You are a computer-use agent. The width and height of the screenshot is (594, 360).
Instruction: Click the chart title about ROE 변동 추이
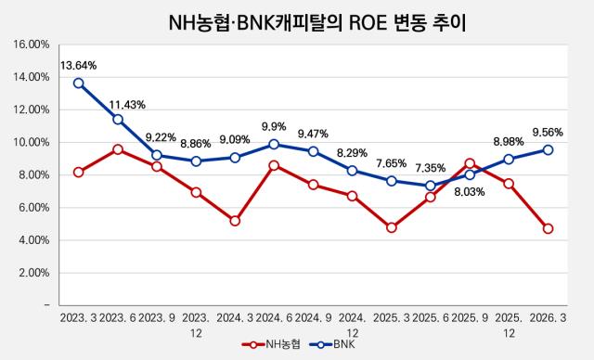(316, 23)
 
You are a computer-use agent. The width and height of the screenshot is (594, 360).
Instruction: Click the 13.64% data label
(78, 66)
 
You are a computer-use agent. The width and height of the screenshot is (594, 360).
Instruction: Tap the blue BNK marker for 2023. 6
(118, 120)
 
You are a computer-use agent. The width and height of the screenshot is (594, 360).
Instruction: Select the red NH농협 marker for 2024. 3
(235, 221)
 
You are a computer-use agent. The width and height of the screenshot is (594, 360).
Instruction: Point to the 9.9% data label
(274, 126)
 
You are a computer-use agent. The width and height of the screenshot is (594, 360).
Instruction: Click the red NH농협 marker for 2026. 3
(548, 228)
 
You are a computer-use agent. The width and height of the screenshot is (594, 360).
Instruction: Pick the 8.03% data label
(470, 192)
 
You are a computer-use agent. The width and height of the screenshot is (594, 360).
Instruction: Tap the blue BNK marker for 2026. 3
(548, 150)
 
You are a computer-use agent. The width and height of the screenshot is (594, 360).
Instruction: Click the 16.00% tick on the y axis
(32, 45)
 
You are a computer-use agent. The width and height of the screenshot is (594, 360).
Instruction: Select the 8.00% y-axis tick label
(33, 175)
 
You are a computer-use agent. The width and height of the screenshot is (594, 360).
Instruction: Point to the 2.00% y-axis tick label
(33, 273)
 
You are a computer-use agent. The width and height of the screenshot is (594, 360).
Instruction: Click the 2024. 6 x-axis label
(274, 318)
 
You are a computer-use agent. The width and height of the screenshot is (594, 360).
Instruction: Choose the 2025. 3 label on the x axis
(392, 318)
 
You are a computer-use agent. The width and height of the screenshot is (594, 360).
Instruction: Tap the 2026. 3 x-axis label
(548, 318)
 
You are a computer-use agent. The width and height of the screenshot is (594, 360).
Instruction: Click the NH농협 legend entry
(271, 344)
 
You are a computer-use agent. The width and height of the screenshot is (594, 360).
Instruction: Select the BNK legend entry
(332, 344)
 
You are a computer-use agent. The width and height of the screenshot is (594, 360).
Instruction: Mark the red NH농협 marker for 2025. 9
(470, 163)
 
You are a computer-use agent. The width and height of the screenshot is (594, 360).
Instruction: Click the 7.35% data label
(431, 168)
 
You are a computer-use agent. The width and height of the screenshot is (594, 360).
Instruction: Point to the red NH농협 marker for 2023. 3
(78, 173)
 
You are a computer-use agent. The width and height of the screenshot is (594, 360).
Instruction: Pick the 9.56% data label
(548, 133)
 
